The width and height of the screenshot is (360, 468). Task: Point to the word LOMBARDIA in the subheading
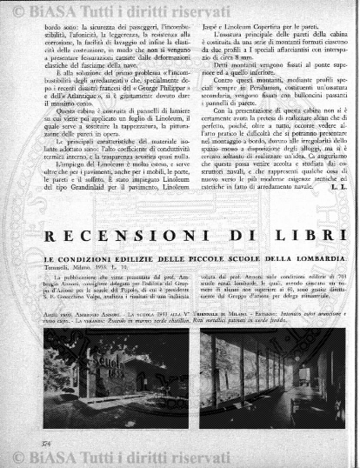[317, 261]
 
